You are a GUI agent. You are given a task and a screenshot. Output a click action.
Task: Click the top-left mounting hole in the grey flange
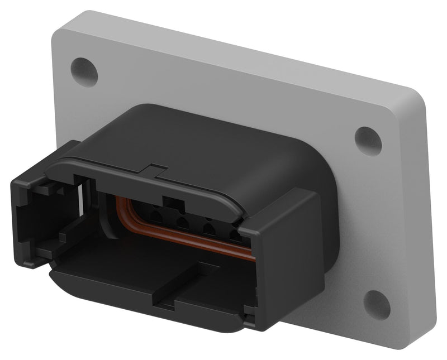pos(84,72)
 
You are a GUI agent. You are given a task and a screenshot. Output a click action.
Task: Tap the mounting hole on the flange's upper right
pos(368,141)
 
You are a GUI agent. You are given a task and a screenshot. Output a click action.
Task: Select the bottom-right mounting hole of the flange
pos(377,305)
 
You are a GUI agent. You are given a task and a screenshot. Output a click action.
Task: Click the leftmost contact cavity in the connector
pos(155,214)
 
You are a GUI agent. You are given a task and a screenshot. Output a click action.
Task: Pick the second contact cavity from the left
pos(182,223)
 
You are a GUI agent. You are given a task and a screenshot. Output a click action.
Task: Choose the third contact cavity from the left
pos(210,229)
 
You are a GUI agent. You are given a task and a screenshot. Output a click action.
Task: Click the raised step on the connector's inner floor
pos(184,273)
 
